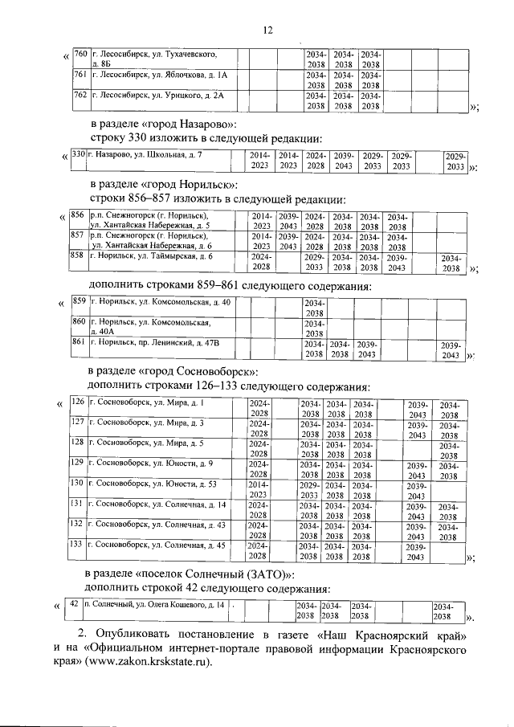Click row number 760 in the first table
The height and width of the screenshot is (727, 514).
[x=80, y=54]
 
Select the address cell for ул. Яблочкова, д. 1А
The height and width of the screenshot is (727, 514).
[x=161, y=75]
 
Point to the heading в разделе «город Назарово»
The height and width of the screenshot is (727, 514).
[x=163, y=125]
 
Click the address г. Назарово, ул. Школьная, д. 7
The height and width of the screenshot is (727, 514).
[x=145, y=154]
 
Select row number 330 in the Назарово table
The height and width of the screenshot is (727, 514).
[x=78, y=154]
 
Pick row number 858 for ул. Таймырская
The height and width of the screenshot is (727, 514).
[x=77, y=256]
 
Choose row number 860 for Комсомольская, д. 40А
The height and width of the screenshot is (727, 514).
[x=80, y=322]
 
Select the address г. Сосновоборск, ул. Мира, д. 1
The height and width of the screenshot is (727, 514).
[x=146, y=402]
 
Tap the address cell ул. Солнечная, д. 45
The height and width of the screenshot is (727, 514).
[x=157, y=545]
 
